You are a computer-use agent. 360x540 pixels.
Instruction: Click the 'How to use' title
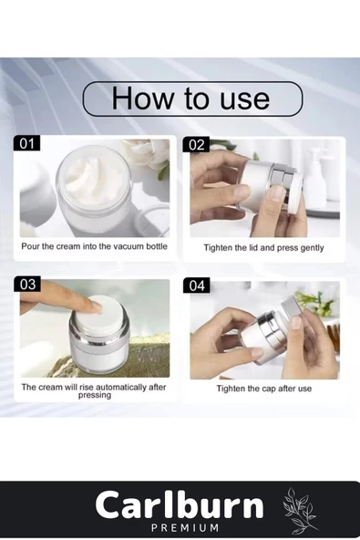point(190,99)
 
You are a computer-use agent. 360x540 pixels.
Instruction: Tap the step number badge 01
point(27,143)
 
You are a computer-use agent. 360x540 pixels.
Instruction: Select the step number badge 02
point(196,145)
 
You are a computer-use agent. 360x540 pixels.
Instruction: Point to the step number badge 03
point(28,285)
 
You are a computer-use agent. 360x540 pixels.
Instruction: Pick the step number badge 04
point(196,286)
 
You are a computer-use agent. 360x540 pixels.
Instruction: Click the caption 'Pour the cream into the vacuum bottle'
point(94,246)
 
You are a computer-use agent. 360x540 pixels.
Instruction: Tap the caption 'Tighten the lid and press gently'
point(263,247)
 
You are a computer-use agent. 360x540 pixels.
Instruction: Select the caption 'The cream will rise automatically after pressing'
point(94,390)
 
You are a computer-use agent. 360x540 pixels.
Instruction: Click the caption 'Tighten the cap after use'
point(263,389)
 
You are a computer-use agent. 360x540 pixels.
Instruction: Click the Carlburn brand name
point(179,504)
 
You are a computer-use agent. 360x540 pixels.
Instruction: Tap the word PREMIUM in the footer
point(185,527)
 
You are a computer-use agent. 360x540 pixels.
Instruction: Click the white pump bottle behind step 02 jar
point(315,179)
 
